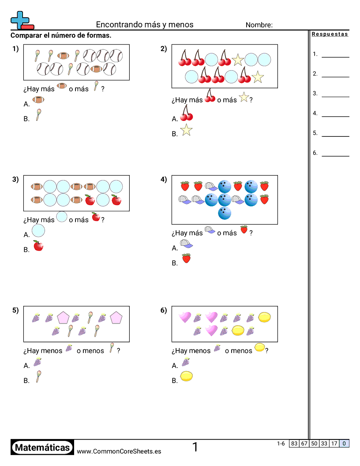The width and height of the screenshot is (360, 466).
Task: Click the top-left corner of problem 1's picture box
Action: click(x=24, y=45)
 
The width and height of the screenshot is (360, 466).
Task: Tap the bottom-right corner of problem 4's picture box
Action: click(x=278, y=224)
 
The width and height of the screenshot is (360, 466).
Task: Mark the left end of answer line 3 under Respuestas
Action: click(x=322, y=97)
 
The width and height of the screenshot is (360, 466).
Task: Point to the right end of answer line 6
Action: click(x=349, y=156)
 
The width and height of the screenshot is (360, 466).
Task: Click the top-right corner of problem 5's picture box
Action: click(x=130, y=306)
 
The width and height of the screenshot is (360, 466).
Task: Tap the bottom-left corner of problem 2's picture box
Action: click(x=172, y=88)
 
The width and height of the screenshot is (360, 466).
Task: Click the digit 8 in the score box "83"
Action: click(x=292, y=443)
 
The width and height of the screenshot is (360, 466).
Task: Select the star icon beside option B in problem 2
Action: click(x=186, y=130)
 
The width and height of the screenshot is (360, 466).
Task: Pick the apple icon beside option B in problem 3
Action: click(x=38, y=246)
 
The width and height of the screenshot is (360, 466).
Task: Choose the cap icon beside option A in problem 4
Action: click(x=186, y=244)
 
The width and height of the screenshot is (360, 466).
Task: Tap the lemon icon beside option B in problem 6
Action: click(x=187, y=376)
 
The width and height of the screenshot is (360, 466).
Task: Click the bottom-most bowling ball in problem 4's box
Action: click(x=225, y=213)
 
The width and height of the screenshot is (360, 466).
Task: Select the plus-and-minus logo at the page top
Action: click(x=22, y=20)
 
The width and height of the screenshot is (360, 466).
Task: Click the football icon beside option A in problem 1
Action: click(x=38, y=100)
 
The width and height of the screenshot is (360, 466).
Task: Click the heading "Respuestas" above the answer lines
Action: click(x=330, y=34)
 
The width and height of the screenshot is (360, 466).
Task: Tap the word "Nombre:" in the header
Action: click(x=259, y=25)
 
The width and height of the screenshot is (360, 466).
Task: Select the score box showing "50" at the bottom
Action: click(x=314, y=443)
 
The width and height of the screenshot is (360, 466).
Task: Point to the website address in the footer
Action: click(x=119, y=451)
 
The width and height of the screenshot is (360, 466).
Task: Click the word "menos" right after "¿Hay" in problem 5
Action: click(x=51, y=351)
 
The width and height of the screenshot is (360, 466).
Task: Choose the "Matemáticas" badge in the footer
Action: click(x=42, y=447)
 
